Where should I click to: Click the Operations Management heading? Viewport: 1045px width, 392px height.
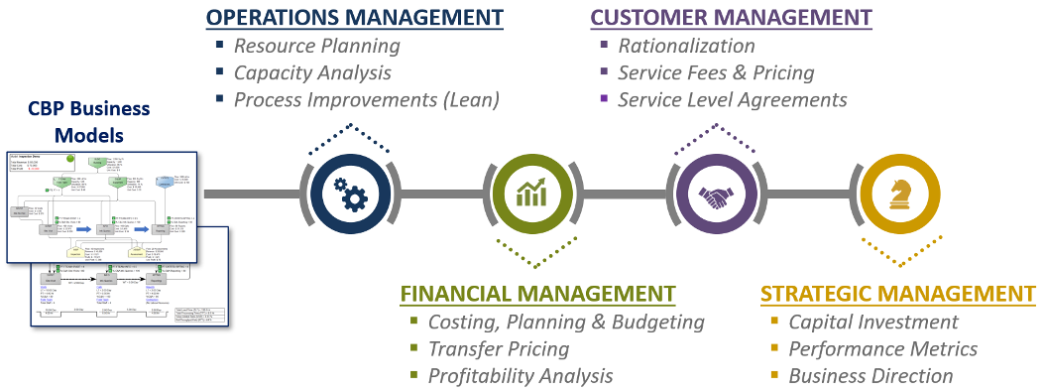pyautogui.click(x=354, y=17)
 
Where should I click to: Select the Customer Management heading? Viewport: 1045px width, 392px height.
pyautogui.click(x=731, y=17)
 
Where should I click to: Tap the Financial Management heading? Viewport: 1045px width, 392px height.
pyautogui.click(x=536, y=294)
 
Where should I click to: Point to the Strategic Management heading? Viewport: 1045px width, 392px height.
pyautogui.click(x=898, y=294)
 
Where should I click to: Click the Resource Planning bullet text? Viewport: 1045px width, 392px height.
pyautogui.click(x=316, y=46)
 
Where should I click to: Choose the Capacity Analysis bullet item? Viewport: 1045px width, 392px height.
pyautogui.click(x=312, y=72)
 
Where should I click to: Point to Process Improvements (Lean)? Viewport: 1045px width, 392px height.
pyautogui.click(x=366, y=99)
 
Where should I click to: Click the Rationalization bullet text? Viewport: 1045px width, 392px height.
pyautogui.click(x=686, y=46)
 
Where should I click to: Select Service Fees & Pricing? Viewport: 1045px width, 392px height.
pyautogui.click(x=715, y=72)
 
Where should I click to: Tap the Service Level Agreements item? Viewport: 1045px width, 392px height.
pyautogui.click(x=732, y=99)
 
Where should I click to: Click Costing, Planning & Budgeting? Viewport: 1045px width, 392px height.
pyautogui.click(x=565, y=322)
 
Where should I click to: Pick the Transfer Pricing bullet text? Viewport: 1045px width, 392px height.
pyautogui.click(x=498, y=348)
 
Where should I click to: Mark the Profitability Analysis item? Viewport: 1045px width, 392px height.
pyautogui.click(x=520, y=375)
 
